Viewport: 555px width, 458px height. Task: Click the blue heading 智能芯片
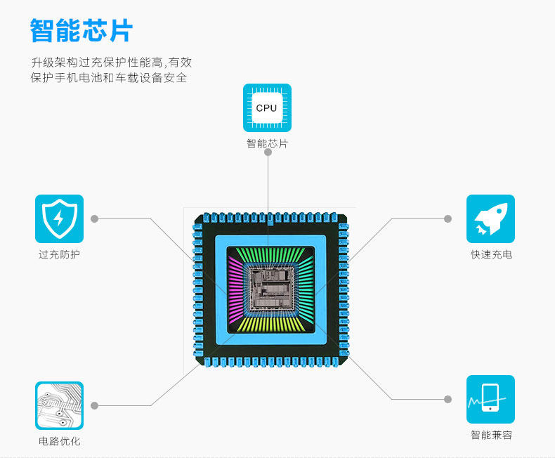[x=81, y=32]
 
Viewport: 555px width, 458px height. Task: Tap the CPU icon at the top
[x=267, y=107]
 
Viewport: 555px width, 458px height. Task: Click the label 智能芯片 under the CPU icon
[x=267, y=144]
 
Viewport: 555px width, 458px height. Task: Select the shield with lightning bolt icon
[x=59, y=218]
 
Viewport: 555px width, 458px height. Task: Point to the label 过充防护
[x=59, y=254]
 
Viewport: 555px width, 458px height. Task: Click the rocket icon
[x=490, y=218]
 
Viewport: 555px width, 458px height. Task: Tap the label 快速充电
[x=491, y=254]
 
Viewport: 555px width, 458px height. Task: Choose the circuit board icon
[x=59, y=405]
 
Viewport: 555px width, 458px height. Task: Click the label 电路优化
[x=59, y=441]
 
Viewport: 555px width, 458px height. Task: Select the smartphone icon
[x=490, y=399]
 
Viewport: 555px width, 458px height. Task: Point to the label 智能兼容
[x=491, y=435]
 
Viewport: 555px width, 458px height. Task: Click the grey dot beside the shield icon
[x=95, y=218]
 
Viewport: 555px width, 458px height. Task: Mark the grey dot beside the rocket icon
[x=448, y=218]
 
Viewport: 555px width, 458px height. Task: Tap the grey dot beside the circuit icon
[x=95, y=405]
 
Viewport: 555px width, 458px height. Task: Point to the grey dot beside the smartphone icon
[x=448, y=399]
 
